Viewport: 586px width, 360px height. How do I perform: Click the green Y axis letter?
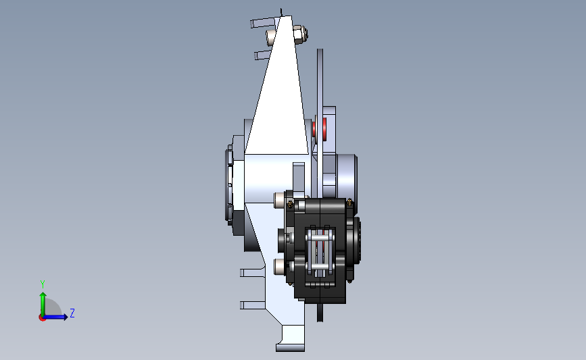coord(43,284)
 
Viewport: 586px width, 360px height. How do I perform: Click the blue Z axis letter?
coord(72,313)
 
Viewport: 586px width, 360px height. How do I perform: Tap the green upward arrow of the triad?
coord(43,304)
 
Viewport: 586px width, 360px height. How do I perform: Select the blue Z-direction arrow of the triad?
coord(55,317)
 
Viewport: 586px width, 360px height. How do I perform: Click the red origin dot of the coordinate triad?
coord(42,318)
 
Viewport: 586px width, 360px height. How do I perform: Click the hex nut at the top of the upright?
coord(300,34)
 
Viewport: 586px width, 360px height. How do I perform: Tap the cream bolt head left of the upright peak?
coord(271,37)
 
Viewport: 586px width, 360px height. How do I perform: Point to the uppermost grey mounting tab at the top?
coord(263,22)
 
